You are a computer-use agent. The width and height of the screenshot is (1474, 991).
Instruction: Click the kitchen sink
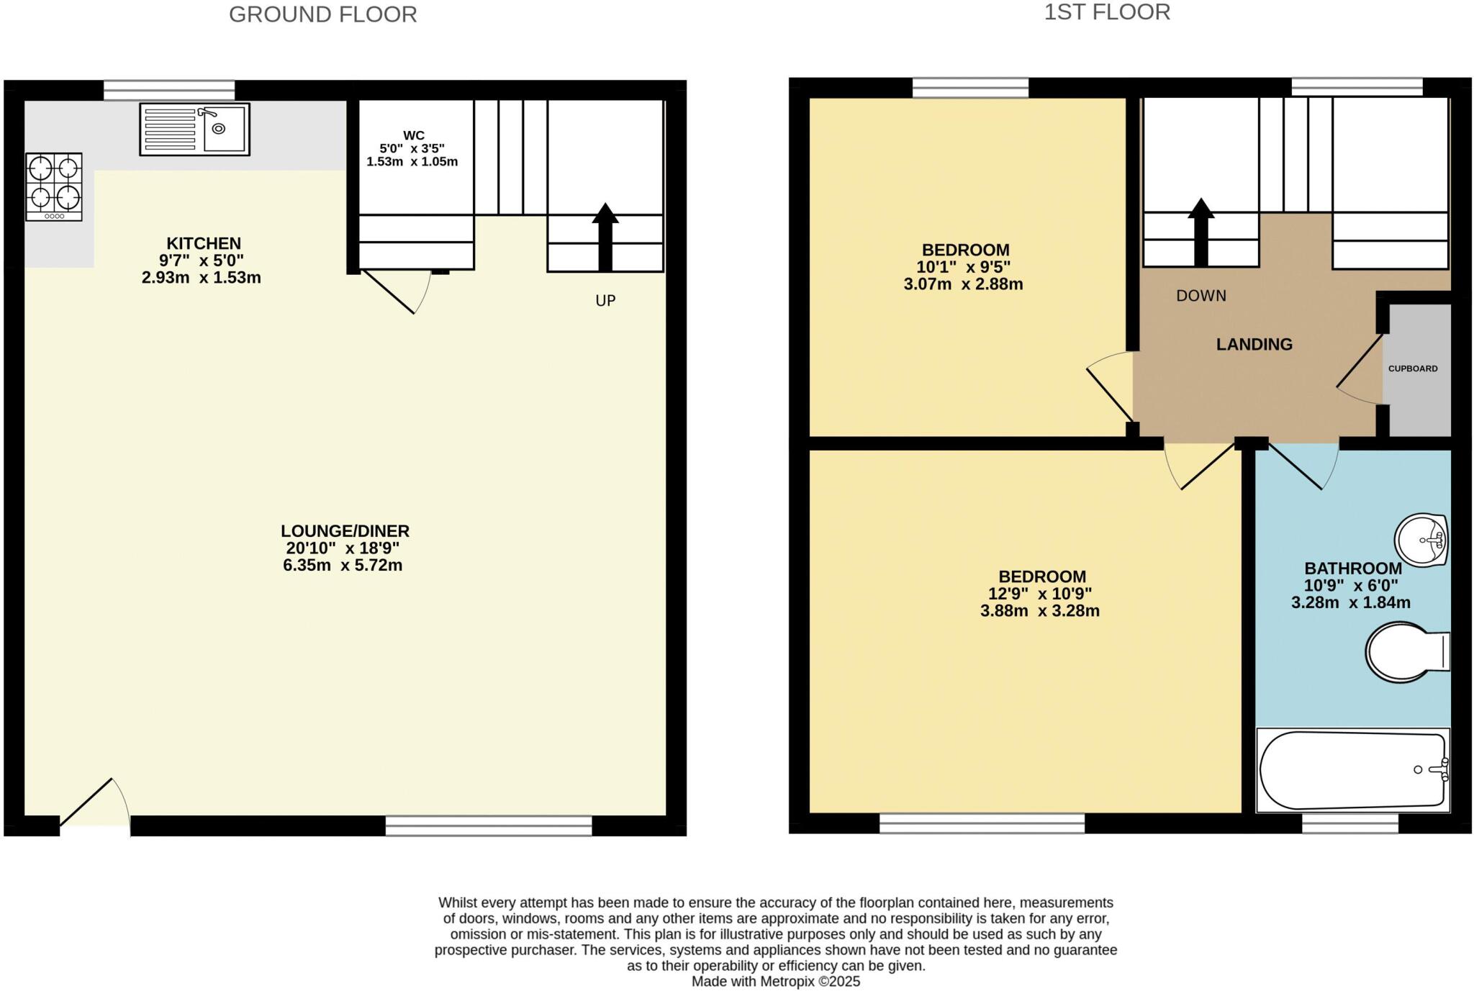click(x=194, y=130)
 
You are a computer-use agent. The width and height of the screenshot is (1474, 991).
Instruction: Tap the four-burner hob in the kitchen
click(x=54, y=186)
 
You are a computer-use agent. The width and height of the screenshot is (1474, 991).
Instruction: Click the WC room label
click(x=413, y=135)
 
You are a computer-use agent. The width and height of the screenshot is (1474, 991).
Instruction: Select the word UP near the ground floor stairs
click(x=605, y=301)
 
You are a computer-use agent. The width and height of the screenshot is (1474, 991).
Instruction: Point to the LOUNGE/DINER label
click(x=345, y=531)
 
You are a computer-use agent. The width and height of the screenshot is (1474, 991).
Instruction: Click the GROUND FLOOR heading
click(x=322, y=14)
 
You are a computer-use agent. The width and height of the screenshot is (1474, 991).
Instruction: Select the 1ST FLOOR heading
click(x=1107, y=12)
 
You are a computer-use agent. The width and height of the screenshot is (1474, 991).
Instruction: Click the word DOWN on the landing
click(x=1201, y=296)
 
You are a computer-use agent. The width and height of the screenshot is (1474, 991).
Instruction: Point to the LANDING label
click(x=1254, y=345)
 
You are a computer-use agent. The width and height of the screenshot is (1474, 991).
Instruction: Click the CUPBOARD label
click(x=1413, y=368)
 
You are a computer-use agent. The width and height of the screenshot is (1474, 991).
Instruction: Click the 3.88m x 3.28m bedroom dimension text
click(x=1039, y=612)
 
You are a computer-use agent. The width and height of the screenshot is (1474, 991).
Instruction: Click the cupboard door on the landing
click(x=1360, y=371)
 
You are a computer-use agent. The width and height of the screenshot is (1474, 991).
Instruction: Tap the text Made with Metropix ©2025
click(x=775, y=982)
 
